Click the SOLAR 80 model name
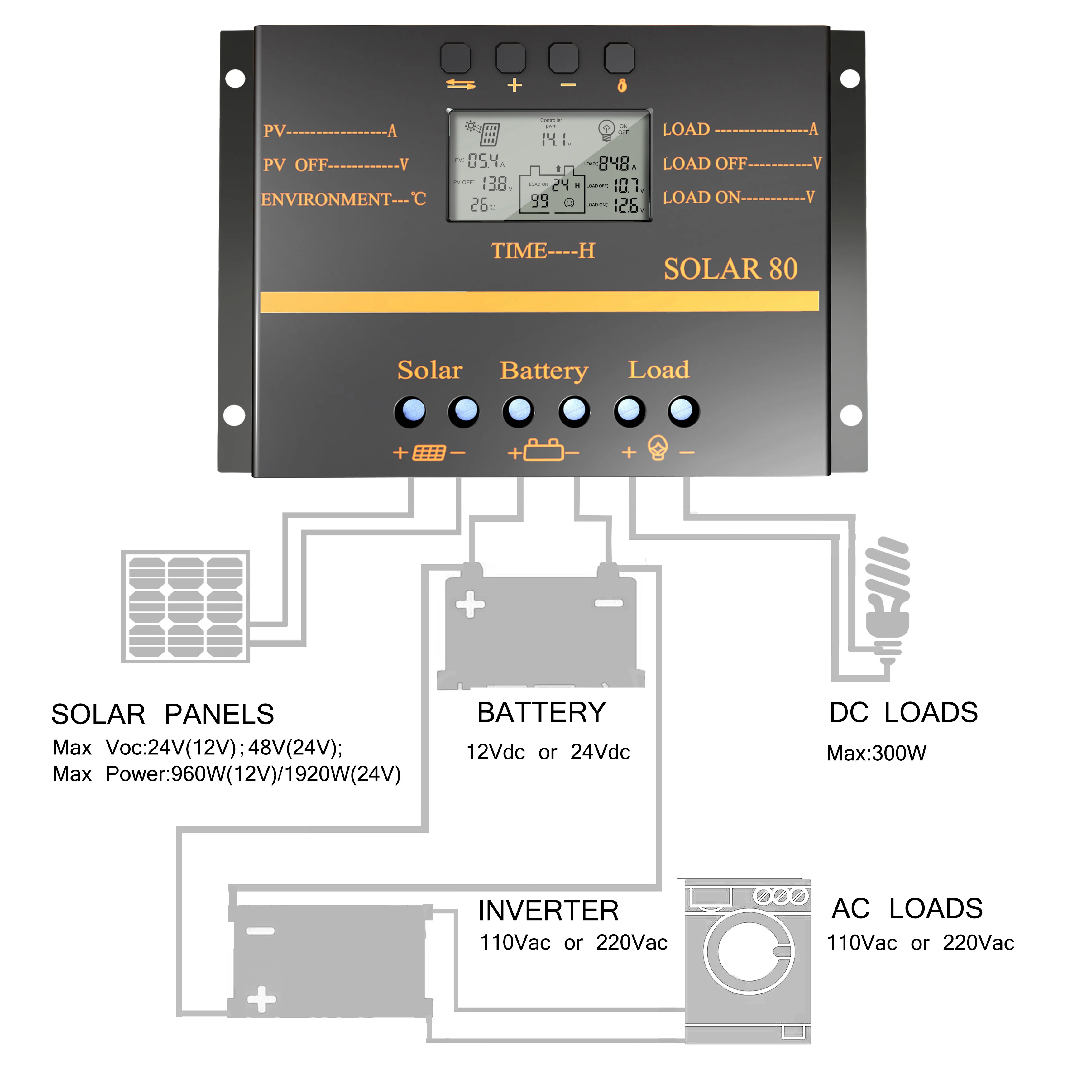coord(730,269)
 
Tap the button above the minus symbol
coord(563,58)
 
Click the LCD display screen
coord(550,165)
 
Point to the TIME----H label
coord(543,251)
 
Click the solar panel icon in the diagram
coord(186,606)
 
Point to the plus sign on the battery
coord(470,604)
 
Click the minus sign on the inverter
coord(260,931)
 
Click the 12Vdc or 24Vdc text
coord(548,752)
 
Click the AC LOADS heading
coord(907,909)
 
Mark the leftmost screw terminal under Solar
coord(410,411)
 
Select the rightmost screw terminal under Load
coord(683,411)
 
